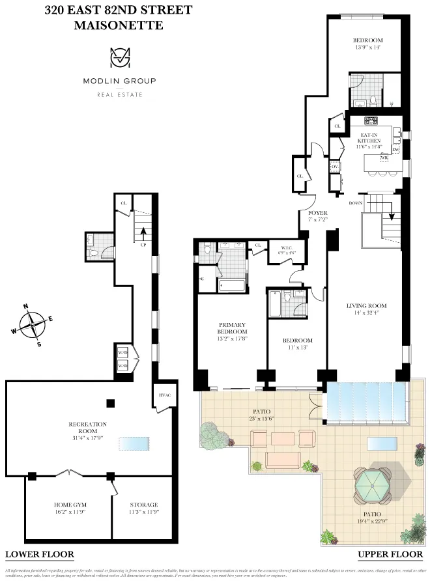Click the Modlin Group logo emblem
(119, 58)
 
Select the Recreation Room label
(87, 428)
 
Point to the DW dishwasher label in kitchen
(395, 150)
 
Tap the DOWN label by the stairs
(355, 203)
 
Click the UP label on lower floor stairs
(142, 245)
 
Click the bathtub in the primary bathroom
(232, 285)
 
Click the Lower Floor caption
(39, 555)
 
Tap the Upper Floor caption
(390, 555)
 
